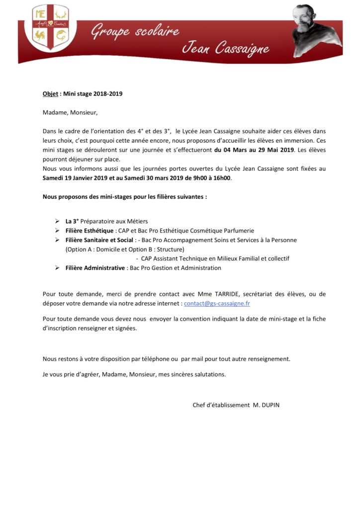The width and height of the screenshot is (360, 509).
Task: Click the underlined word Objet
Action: (50, 93)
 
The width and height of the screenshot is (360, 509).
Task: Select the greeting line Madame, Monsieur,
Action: (70, 112)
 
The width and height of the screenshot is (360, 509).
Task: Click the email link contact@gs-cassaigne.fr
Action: (217, 303)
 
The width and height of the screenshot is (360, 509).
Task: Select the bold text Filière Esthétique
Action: (90, 231)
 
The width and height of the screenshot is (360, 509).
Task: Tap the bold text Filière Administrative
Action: (95, 268)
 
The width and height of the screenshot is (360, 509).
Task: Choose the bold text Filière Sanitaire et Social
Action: (99, 240)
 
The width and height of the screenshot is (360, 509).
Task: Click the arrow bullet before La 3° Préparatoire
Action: (57, 221)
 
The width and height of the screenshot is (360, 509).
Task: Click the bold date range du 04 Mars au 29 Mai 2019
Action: (254, 150)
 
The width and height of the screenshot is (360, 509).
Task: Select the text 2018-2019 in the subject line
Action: (107, 93)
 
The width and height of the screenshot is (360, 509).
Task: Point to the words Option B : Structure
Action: (158, 249)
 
